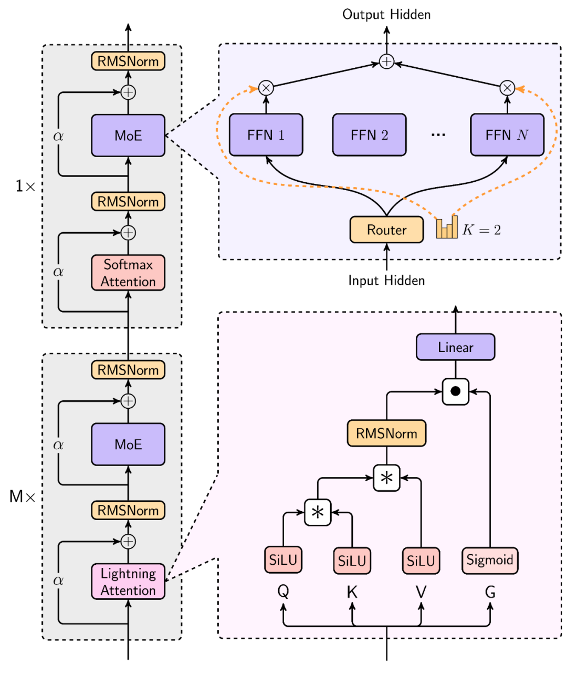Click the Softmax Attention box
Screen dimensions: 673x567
point(128,273)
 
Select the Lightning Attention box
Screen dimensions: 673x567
point(128,582)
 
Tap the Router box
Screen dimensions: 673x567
point(386,230)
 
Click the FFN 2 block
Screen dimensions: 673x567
point(369,135)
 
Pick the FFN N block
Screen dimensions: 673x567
point(507,135)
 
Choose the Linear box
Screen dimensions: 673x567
point(455,347)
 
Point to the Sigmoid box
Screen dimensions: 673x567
point(489,560)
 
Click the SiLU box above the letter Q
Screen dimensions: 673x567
point(283,560)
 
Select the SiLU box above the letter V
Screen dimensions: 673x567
point(421,560)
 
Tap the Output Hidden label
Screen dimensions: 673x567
point(386,14)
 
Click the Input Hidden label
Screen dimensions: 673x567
point(386,281)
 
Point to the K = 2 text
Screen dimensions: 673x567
point(481,230)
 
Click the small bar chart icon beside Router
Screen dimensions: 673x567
point(447,227)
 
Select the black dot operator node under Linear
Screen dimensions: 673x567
point(455,391)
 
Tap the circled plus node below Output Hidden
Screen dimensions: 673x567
point(386,61)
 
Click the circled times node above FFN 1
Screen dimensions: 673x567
point(266,88)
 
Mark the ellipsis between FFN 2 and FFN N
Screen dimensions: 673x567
point(438,135)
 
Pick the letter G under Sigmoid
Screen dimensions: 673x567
point(490,593)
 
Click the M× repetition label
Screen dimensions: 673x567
point(23,496)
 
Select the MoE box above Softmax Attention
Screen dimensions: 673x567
point(128,136)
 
